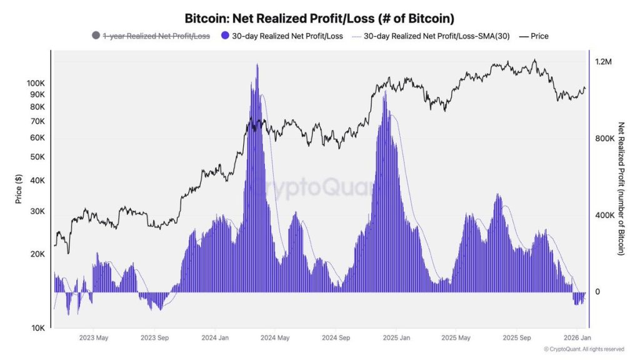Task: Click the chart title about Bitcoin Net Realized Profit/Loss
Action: pyautogui.click(x=319, y=18)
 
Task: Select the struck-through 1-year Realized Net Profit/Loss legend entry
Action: pyautogui.click(x=156, y=36)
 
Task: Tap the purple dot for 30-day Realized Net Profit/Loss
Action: pyautogui.click(x=225, y=36)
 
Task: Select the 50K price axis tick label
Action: pyautogui.click(x=36, y=157)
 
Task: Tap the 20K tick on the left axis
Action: pyautogui.click(x=36, y=254)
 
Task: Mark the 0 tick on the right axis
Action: pyautogui.click(x=597, y=292)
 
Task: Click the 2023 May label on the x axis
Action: pyautogui.click(x=93, y=338)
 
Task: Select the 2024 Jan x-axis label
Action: pyautogui.click(x=214, y=338)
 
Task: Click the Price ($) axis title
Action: pyautogui.click(x=19, y=189)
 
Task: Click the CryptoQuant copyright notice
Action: pyautogui.click(x=583, y=349)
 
